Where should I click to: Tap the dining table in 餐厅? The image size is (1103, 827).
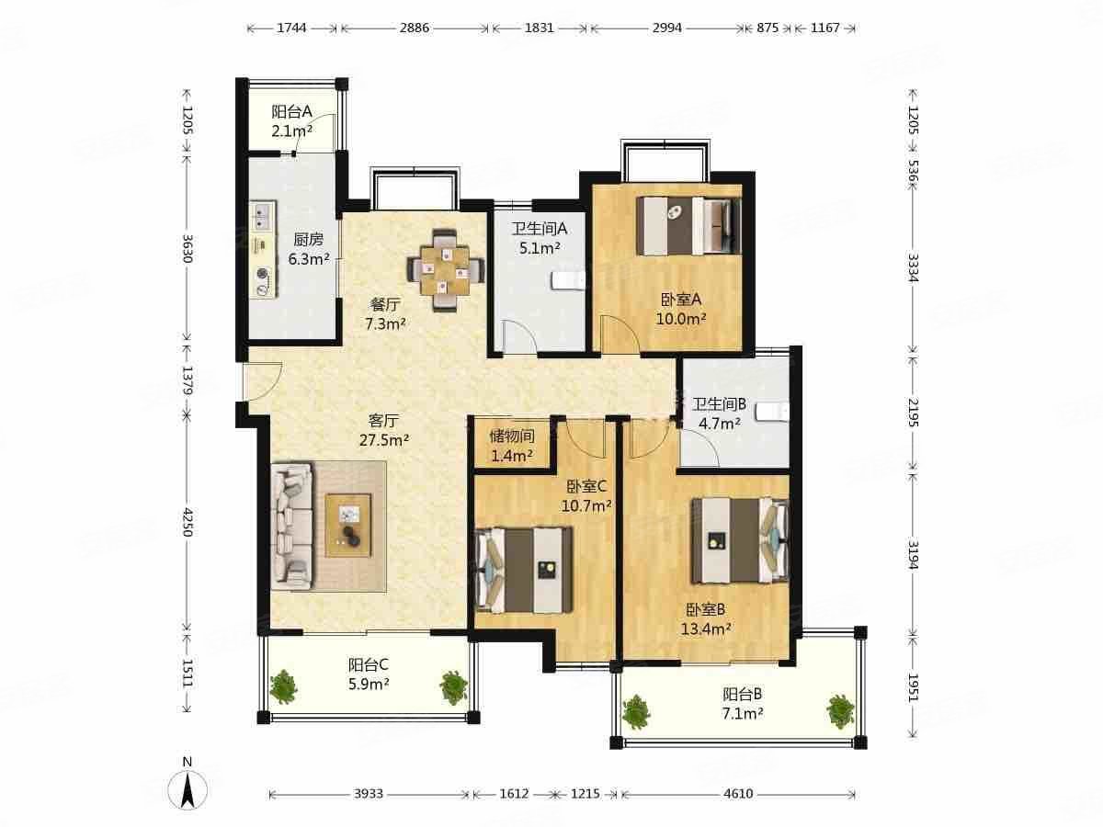tap(446, 271)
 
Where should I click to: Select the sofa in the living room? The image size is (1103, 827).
tap(292, 526)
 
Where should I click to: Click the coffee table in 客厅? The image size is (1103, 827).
tap(348, 526)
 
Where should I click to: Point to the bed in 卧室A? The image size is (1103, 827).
tap(689, 225)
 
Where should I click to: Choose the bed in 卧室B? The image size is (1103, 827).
tap(740, 540)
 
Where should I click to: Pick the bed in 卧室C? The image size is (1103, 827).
tap(524, 570)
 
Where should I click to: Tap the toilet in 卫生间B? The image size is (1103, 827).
tap(773, 413)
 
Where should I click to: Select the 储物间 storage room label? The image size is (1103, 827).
tap(512, 436)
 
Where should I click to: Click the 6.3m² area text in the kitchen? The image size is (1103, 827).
tap(309, 260)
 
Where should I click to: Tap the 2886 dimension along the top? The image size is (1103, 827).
tap(414, 28)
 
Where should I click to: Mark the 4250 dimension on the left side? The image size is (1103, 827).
tap(187, 522)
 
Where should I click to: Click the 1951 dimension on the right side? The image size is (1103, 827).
tap(913, 688)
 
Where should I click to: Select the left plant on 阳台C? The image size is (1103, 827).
tap(283, 686)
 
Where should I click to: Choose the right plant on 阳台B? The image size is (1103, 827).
tap(841, 711)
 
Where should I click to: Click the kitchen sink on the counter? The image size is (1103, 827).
tap(262, 216)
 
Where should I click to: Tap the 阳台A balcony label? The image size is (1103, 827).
tap(292, 111)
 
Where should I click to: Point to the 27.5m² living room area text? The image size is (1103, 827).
tap(384, 440)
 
